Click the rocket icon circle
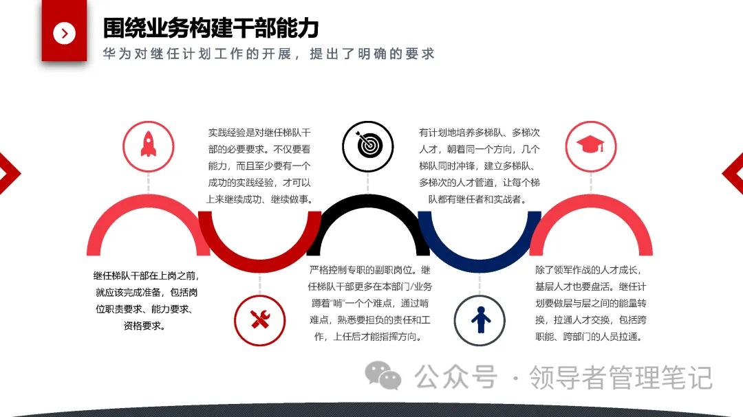coord(148,145)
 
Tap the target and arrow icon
coord(368,145)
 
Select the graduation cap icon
coord(590,145)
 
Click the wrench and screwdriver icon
coord(259,319)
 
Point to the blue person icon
coord(480,319)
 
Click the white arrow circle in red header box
coord(64,32)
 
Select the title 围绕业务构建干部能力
coord(211,28)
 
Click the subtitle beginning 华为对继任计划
coord(269,54)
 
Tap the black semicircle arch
coord(368,206)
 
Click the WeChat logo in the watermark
coord(383,376)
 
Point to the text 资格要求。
coord(144,326)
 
